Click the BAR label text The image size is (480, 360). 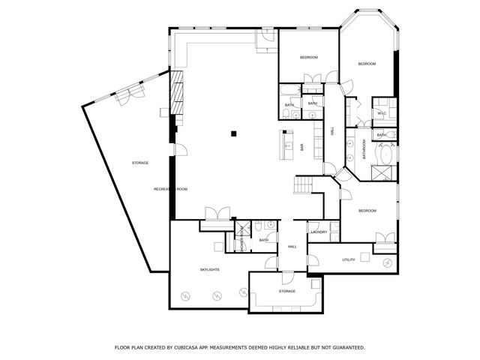coord(302,148)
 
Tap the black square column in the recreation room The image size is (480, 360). coord(234,133)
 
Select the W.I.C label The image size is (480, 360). coord(381,113)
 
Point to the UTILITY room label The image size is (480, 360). coord(349,259)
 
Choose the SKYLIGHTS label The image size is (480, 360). coord(209,269)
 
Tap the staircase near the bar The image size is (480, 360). coord(302,184)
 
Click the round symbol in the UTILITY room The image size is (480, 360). coord(388,262)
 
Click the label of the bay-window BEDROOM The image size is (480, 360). coord(366,64)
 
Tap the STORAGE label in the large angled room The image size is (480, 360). coord(140,163)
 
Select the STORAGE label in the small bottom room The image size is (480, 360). coord(287,291)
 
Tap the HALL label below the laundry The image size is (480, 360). coord(292,246)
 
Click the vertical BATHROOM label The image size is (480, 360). coord(365,149)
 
